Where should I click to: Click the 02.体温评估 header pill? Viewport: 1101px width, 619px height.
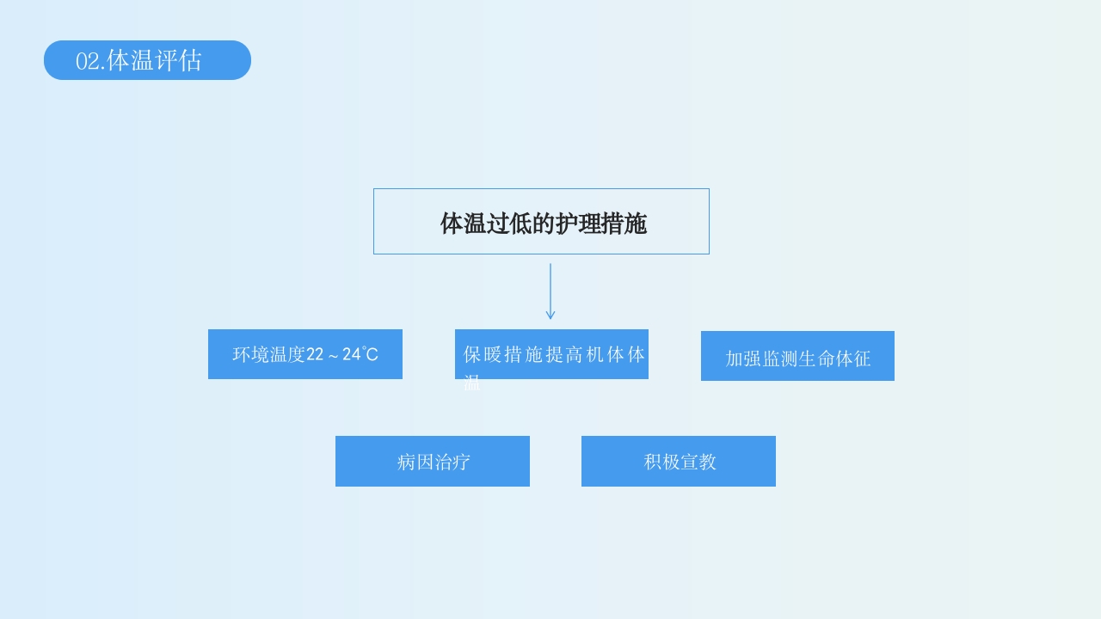[147, 60]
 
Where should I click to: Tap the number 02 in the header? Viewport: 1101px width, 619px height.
[88, 61]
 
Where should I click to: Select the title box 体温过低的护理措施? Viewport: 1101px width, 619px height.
[541, 222]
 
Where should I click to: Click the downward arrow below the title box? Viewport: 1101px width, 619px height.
[550, 291]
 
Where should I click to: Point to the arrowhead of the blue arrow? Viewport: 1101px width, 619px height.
[550, 316]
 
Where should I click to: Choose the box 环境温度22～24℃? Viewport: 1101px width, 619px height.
[304, 354]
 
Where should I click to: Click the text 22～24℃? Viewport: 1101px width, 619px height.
[342, 354]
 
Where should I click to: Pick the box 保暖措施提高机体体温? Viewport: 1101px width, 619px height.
[551, 354]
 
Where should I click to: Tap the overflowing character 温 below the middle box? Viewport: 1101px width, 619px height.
[472, 383]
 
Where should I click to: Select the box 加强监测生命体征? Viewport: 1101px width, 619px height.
[797, 356]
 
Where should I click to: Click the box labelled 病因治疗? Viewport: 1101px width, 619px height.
[433, 462]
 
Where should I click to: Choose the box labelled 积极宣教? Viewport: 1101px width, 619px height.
[679, 462]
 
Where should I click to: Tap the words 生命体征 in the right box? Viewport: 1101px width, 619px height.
[834, 359]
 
